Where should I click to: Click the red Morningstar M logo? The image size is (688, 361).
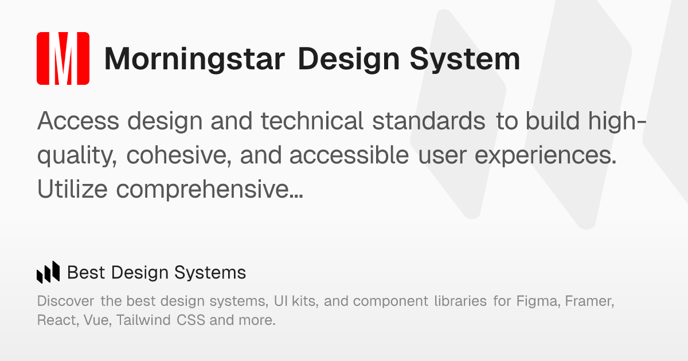63,58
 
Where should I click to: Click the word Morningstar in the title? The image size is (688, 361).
194,60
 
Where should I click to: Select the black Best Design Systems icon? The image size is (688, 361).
48,272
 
